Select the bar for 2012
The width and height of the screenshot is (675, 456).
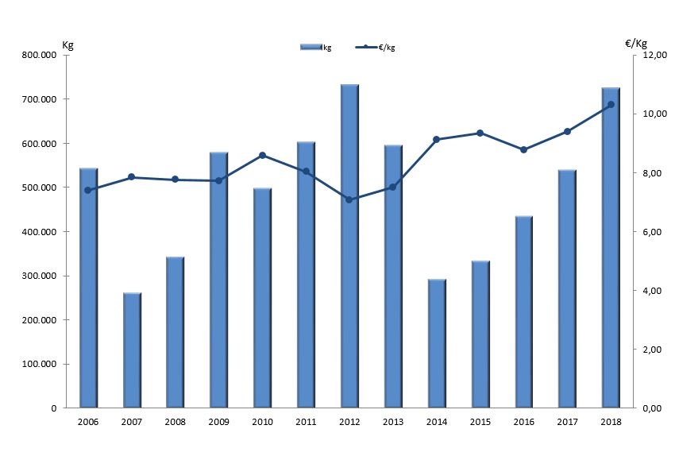349,246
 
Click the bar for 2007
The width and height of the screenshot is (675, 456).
132,350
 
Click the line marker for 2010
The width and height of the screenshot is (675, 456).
262,156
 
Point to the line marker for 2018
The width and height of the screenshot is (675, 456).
611,105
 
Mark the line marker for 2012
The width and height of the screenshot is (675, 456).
349,199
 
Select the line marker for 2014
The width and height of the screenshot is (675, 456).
437,140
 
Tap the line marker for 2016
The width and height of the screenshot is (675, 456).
523,149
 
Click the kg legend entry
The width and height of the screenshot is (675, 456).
316,48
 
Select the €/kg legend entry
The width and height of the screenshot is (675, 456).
376,48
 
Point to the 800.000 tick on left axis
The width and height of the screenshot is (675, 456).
39,55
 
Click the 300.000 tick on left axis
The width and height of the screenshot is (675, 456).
39,276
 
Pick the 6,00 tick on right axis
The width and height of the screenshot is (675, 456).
651,232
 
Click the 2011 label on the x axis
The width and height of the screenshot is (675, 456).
306,422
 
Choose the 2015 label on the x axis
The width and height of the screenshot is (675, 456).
480,422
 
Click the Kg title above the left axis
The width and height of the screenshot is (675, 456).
67,44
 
